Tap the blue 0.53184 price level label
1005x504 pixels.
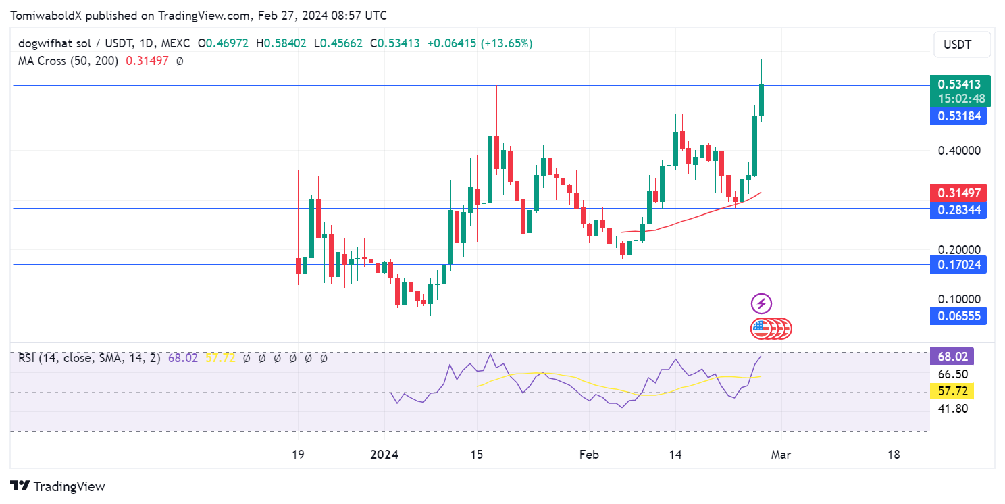(958, 116)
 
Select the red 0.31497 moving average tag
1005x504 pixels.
(958, 193)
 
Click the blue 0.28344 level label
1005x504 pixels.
(958, 210)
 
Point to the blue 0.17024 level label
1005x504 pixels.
(958, 264)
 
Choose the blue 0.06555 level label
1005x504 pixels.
(958, 316)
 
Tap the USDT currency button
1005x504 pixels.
(962, 45)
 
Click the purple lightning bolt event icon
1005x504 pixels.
(761, 304)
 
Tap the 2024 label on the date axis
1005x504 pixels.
(384, 455)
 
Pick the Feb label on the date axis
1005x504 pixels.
(590, 455)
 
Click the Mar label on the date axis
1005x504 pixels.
(781, 455)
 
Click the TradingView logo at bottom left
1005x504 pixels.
(58, 486)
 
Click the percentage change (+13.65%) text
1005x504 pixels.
(506, 43)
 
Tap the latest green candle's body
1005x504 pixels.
(762, 100)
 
